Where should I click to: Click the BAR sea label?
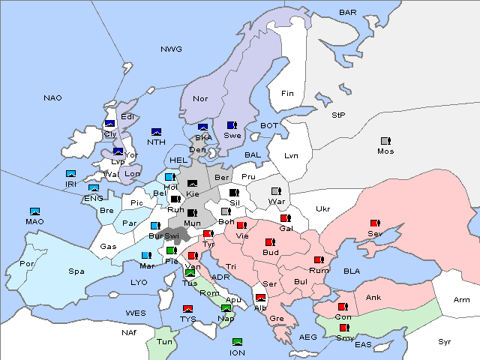click(347, 13)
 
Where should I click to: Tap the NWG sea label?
click(171, 49)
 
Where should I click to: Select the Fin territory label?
click(287, 94)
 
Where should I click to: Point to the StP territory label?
click(338, 115)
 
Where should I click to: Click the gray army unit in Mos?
click(385, 141)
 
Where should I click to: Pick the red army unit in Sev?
click(374, 223)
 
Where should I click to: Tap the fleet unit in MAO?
click(34, 211)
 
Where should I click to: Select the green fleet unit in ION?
click(237, 343)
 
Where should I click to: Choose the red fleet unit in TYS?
click(187, 309)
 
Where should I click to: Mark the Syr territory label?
click(445, 341)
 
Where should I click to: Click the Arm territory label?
click(461, 300)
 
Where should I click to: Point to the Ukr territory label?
click(322, 209)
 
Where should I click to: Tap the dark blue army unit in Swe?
click(232, 125)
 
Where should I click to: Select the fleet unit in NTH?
click(157, 132)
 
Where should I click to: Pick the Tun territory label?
click(164, 343)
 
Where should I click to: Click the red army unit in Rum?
click(319, 260)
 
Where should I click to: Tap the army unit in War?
click(275, 191)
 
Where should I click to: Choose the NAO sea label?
click(52, 98)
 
